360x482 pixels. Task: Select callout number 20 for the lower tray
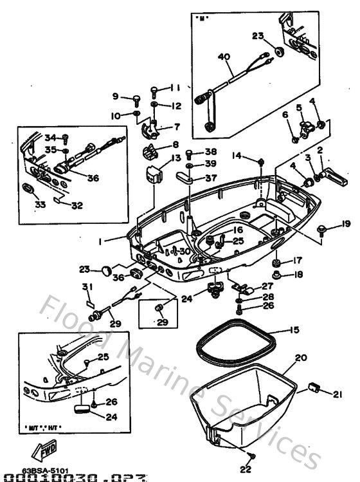(x=301, y=358)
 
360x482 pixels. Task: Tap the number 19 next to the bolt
(x=346, y=224)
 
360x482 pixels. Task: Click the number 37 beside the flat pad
(x=211, y=177)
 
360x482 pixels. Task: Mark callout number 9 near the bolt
(x=116, y=97)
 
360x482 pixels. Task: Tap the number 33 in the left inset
(x=27, y=205)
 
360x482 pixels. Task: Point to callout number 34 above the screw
(x=49, y=136)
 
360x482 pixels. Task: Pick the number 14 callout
(x=237, y=155)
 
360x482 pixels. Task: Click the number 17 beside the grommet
(x=298, y=261)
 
